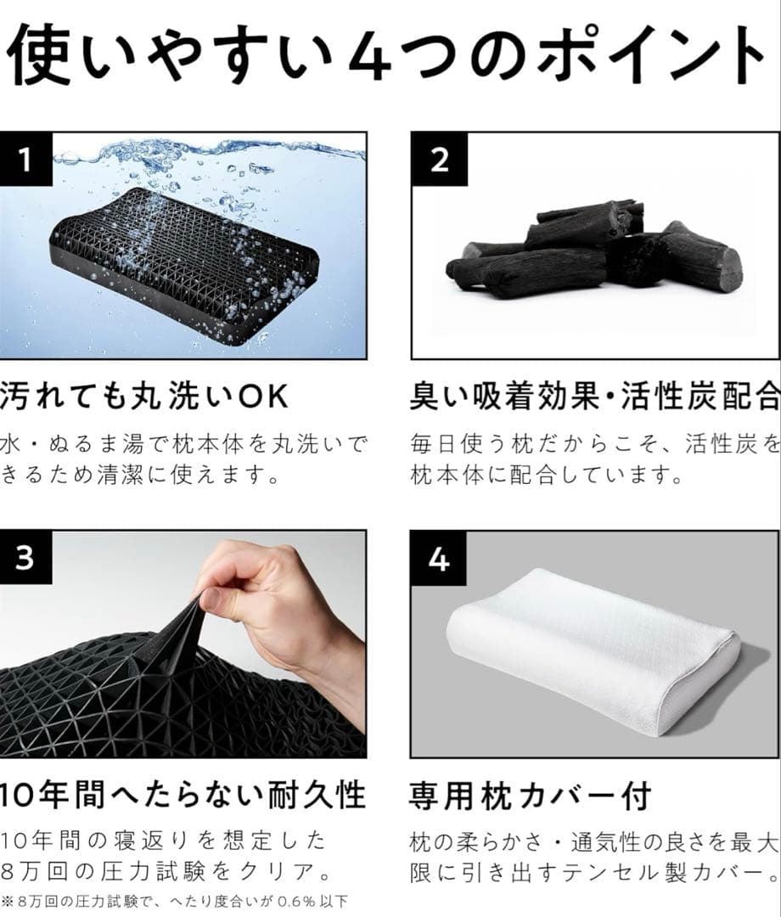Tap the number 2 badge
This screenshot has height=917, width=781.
(x=439, y=159)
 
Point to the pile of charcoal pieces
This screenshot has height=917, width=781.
(x=594, y=250)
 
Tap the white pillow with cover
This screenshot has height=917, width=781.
(x=594, y=654)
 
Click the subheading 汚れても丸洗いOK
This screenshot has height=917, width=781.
(x=144, y=396)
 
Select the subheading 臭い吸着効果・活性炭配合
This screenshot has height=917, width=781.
(x=594, y=396)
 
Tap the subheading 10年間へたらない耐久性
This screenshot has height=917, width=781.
(x=183, y=796)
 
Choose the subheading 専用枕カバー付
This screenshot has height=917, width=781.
(x=531, y=796)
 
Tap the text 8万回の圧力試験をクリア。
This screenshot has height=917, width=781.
(x=166, y=873)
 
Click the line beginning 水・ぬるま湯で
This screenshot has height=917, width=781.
(x=183, y=444)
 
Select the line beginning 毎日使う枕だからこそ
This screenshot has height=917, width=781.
(x=594, y=444)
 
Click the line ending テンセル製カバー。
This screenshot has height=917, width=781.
(x=594, y=873)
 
